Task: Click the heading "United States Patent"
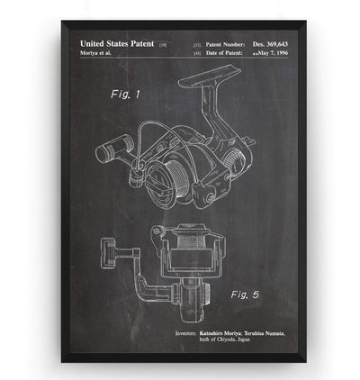117,43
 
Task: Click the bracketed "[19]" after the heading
163,43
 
